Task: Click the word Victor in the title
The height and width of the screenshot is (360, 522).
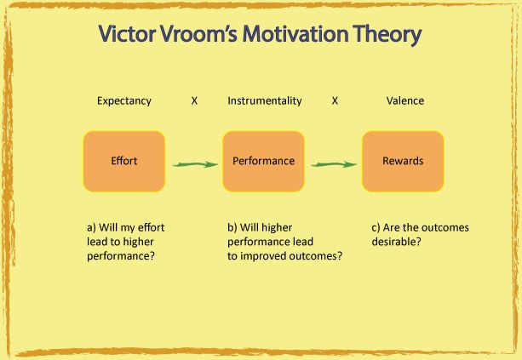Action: tap(127, 33)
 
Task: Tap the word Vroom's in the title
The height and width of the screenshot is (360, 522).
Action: tap(198, 33)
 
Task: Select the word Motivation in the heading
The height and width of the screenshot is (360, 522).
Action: tap(295, 33)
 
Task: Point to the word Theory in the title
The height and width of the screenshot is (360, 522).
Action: tap(387, 35)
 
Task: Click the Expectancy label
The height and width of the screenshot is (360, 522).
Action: tap(124, 100)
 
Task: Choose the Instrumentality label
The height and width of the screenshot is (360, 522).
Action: tap(265, 100)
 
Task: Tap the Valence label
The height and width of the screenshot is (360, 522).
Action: tap(405, 100)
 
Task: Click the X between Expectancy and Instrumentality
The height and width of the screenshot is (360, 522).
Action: tap(194, 100)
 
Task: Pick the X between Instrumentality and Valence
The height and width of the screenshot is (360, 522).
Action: tap(335, 100)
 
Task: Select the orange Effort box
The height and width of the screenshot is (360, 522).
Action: tap(124, 162)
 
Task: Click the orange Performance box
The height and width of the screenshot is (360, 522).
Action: tap(263, 162)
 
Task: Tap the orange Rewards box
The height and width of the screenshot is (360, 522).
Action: tap(403, 162)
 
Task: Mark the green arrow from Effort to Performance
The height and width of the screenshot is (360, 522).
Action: tap(195, 164)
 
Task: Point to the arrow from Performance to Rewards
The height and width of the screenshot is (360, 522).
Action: tap(334, 164)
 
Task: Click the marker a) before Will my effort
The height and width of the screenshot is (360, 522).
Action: tap(91, 228)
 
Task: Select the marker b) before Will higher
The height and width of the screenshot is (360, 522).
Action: tap(232, 228)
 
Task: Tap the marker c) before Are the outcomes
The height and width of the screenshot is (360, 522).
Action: tap(376, 228)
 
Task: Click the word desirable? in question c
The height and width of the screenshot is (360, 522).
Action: tap(396, 242)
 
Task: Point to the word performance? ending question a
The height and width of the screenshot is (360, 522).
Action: tap(121, 256)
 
